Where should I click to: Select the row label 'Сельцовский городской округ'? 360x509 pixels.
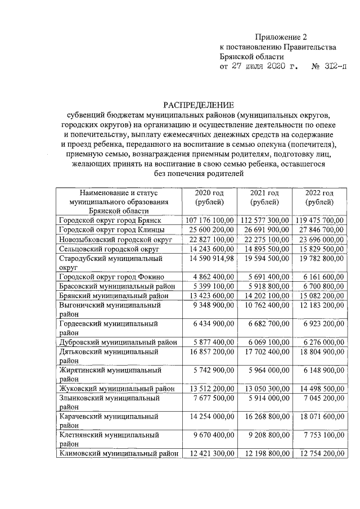click(109, 249)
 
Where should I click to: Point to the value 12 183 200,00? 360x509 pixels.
click(321, 305)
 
